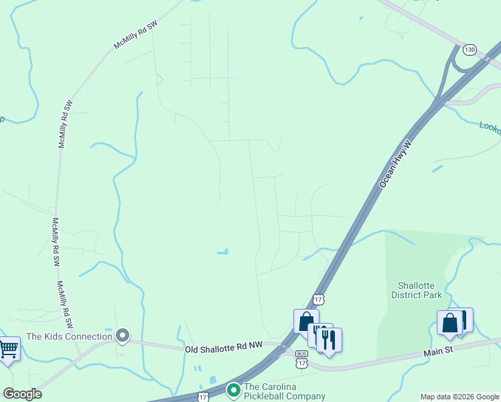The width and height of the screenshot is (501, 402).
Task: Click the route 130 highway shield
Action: point(470,50)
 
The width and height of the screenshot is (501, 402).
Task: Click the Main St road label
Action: point(439,350)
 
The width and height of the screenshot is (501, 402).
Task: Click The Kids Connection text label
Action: point(68,336)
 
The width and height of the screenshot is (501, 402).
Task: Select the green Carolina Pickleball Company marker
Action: point(233,389)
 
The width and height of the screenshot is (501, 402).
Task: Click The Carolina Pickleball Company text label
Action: point(285,391)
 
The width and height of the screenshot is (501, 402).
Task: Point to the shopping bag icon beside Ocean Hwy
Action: point(306,321)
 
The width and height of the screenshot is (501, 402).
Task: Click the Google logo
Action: point(21,394)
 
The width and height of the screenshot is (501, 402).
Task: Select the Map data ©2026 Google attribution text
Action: point(459,397)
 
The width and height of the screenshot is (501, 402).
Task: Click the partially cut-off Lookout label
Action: point(490,127)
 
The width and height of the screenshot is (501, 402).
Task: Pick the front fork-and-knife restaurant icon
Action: point(329,339)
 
